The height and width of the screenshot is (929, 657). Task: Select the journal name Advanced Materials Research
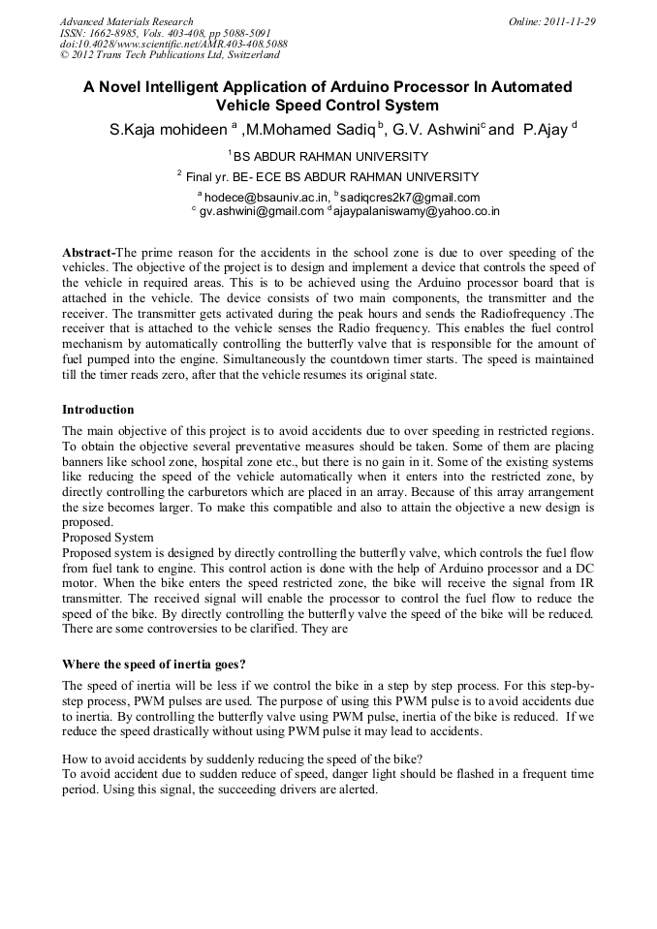126,21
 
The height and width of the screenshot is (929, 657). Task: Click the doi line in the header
172,45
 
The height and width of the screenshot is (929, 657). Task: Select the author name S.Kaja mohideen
169,129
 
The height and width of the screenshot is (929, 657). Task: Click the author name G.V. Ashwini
438,129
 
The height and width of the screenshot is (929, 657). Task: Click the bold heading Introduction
98,410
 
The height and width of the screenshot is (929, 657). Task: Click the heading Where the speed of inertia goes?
153,665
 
